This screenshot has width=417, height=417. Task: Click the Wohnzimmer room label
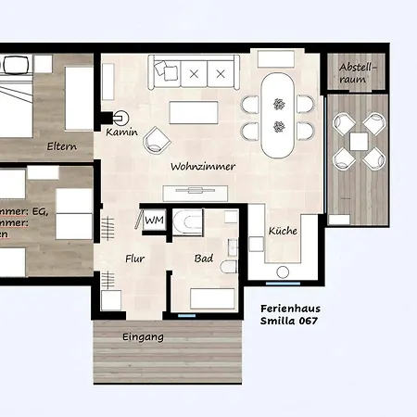pos(202,167)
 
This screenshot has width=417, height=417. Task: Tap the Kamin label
pos(121,133)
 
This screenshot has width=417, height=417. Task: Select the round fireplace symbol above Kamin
pos(120,117)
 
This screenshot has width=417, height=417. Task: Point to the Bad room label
pos(204,260)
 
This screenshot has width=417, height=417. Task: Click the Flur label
pos(135,260)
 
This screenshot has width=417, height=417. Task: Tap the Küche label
pos(283,231)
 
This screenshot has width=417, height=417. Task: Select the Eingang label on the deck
pos(143,337)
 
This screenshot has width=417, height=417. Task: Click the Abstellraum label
pos(358,74)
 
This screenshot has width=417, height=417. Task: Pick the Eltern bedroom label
pos(62,145)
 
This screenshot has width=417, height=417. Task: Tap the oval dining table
pos(277,115)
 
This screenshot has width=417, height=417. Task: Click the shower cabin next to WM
pos(188,222)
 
